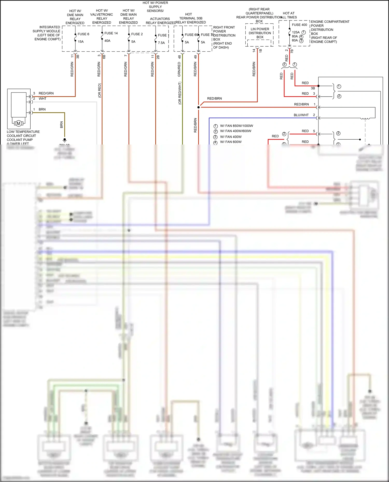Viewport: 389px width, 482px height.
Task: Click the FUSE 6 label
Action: (x=83, y=34)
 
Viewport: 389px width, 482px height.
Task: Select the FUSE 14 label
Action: (x=111, y=33)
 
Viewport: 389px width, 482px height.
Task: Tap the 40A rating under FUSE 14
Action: (x=107, y=41)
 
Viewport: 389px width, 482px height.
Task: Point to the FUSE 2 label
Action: (x=137, y=34)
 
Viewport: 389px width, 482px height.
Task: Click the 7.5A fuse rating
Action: (x=161, y=43)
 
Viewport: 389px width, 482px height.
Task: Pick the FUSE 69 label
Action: (x=191, y=35)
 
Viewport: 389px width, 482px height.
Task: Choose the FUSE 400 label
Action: (x=299, y=25)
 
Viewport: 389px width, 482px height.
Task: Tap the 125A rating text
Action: (x=296, y=32)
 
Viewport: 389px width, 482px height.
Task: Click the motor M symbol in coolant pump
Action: (x=18, y=124)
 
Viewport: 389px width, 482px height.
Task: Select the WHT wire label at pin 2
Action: (x=43, y=99)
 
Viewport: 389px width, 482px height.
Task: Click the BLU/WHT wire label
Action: (x=301, y=115)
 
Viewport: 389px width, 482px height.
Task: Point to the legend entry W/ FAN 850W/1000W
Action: (x=236, y=126)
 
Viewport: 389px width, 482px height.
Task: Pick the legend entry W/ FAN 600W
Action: (x=231, y=142)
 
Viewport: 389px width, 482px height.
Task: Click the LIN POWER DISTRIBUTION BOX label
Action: (x=260, y=33)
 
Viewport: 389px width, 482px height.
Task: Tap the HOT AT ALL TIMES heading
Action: (x=288, y=15)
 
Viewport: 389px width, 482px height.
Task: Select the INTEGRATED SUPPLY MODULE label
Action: (x=47, y=33)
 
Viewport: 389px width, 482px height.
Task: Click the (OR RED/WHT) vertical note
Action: (x=180, y=93)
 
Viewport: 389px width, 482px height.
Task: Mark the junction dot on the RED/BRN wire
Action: (x=199, y=107)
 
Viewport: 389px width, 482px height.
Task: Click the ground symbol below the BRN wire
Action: (x=65, y=140)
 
